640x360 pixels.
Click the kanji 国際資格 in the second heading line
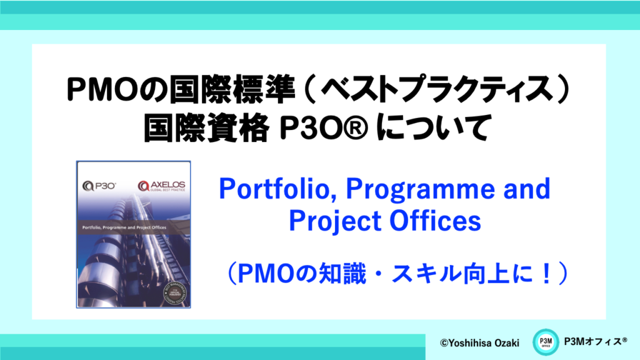tap(204, 129)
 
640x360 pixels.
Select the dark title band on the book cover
tap(133, 226)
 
